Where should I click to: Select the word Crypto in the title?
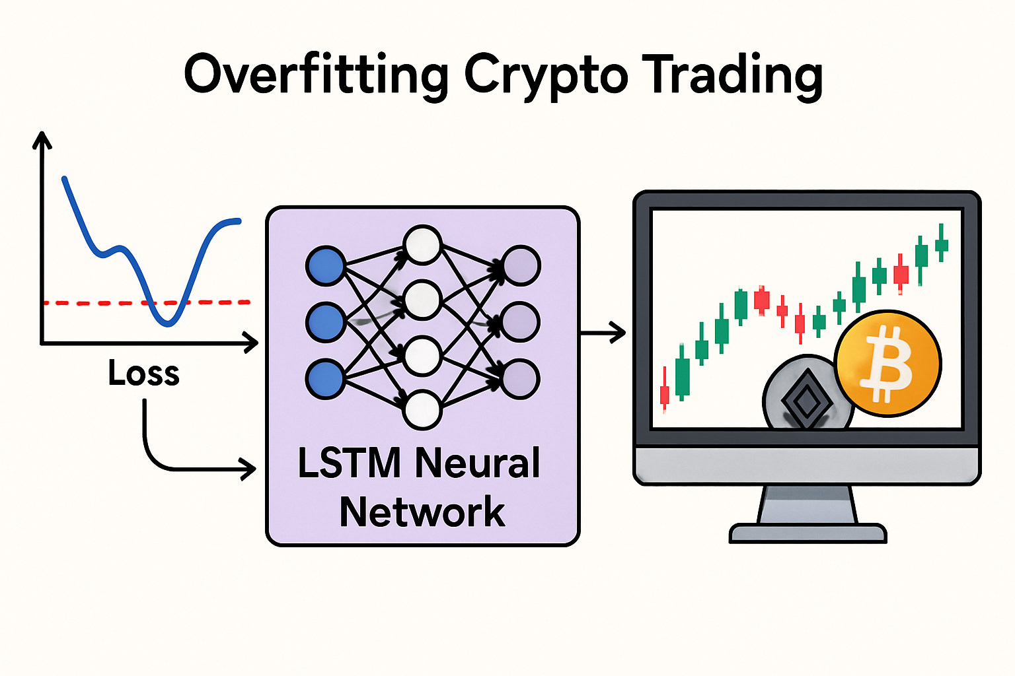point(546,75)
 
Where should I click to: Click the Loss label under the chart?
point(144,373)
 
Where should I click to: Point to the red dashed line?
point(99,303)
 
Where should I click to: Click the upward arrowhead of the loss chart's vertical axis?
point(42,139)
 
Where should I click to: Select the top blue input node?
point(325,266)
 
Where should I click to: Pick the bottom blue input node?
point(325,380)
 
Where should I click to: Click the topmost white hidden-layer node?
point(422,245)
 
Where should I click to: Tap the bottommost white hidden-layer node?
point(422,410)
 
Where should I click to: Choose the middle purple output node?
point(521,322)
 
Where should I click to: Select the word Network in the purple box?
point(422,512)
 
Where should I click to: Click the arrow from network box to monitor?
point(603,332)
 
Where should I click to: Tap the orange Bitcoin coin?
point(887,364)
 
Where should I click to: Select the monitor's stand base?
point(808,533)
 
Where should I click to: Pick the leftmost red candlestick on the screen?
point(665,394)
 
